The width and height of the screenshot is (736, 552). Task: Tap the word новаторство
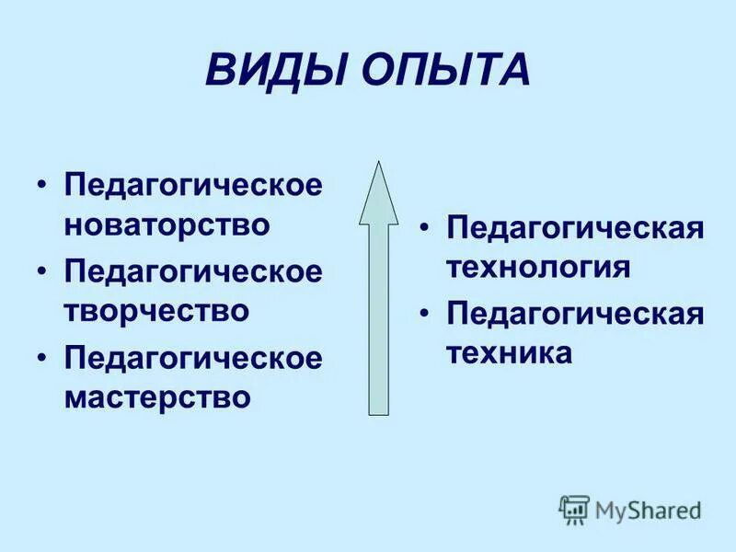[x=167, y=224]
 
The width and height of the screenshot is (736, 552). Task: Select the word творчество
[x=155, y=310]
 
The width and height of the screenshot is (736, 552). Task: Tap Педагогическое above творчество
[x=193, y=271]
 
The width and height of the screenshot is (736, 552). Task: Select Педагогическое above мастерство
[x=193, y=358]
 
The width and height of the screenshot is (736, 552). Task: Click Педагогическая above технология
[x=575, y=227]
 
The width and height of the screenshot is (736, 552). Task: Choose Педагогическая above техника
[x=575, y=314]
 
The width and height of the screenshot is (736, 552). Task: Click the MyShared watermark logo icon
[x=574, y=509]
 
